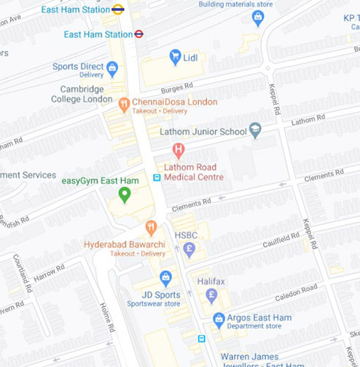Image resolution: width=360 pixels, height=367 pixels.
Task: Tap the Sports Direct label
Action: [79, 66]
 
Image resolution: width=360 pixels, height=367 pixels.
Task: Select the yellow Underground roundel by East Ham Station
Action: [118, 9]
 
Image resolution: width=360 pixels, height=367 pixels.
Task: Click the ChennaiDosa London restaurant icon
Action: [124, 104]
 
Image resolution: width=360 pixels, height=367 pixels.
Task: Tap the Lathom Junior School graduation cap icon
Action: [255, 131]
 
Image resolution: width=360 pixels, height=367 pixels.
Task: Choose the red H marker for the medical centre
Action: [178, 151]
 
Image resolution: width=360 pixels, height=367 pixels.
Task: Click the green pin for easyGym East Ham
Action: [125, 194]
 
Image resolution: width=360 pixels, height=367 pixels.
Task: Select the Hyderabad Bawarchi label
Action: [124, 244]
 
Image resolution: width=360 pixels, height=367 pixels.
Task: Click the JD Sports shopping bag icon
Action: [165, 277]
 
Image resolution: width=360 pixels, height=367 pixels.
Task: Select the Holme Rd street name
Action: [107, 317]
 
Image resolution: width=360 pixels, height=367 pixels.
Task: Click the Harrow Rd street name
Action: [49, 273]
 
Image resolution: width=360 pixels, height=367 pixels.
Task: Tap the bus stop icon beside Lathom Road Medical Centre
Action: [157, 178]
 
